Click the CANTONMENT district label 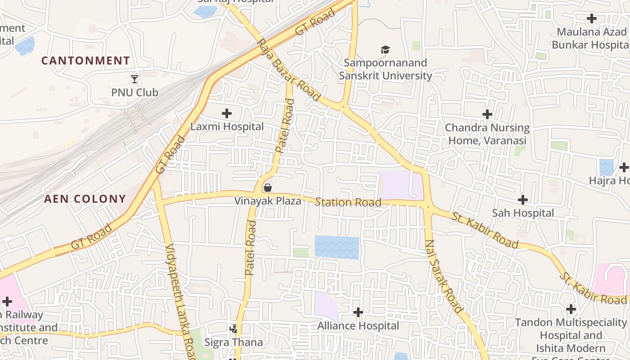tap(85, 61)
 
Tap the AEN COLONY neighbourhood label tap(85, 199)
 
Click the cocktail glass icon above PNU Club tap(135, 79)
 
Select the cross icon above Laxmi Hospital tap(227, 113)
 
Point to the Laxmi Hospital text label tap(227, 126)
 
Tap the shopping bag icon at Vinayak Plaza tap(268, 188)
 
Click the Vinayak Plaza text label tap(268, 201)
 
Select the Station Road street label tap(348, 202)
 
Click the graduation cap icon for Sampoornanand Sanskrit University tap(385, 49)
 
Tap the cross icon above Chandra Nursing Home tap(487, 114)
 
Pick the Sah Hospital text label tap(523, 213)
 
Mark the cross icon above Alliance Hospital tap(358, 312)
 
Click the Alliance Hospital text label tap(358, 325)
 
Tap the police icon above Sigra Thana tap(233, 329)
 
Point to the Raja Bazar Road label tap(288, 70)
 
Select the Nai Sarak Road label tap(444, 276)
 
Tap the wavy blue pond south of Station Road tap(337, 247)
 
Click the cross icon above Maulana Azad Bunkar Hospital tap(592, 18)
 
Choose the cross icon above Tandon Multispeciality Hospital tap(571, 309)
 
